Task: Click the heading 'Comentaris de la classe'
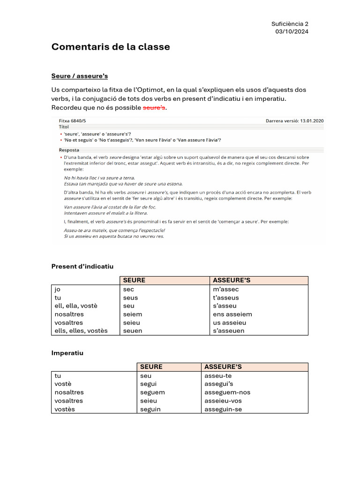point(111,47)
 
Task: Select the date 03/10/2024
point(292,31)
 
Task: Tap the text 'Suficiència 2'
point(290,24)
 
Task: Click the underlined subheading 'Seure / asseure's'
point(80,76)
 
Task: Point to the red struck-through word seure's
point(154,108)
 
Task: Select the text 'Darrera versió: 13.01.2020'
point(294,120)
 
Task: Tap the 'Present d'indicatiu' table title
point(82,266)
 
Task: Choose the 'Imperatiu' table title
point(67,352)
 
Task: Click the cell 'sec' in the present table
point(128,289)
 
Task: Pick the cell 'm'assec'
point(226,289)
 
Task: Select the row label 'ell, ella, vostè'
point(76,306)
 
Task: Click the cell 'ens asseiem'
point(232,314)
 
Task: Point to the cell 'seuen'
point(132,330)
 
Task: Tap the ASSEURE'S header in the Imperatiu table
point(223,367)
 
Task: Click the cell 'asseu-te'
point(218,375)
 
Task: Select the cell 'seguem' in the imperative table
point(152,392)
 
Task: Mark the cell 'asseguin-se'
point(224,409)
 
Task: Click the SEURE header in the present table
point(134,280)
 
